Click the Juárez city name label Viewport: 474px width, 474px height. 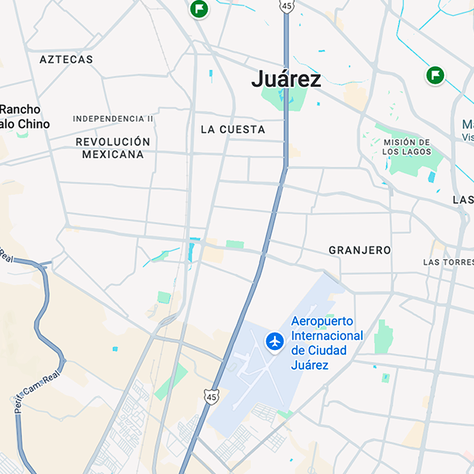pyautogui.click(x=286, y=79)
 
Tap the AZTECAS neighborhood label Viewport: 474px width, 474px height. pyautogui.click(x=66, y=59)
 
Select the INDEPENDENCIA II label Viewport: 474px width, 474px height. pyautogui.click(x=113, y=118)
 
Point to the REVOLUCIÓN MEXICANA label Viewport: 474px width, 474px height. pyautogui.click(x=113, y=148)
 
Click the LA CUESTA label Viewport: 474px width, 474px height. pyautogui.click(x=233, y=129)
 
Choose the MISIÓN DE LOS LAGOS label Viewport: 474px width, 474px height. pyautogui.click(x=407, y=147)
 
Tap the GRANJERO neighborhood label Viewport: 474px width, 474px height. pyautogui.click(x=359, y=250)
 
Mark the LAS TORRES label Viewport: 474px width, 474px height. pyautogui.click(x=448, y=261)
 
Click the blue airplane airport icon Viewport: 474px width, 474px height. pyautogui.click(x=275, y=341)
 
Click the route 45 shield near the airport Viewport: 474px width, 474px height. pyautogui.click(x=210, y=397)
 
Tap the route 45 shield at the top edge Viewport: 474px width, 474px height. pyautogui.click(x=286, y=6)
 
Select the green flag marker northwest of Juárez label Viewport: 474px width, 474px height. pyautogui.click(x=199, y=9)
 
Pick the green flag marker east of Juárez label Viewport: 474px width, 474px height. pyautogui.click(x=434, y=75)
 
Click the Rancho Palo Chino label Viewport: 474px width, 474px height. pyautogui.click(x=24, y=117)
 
